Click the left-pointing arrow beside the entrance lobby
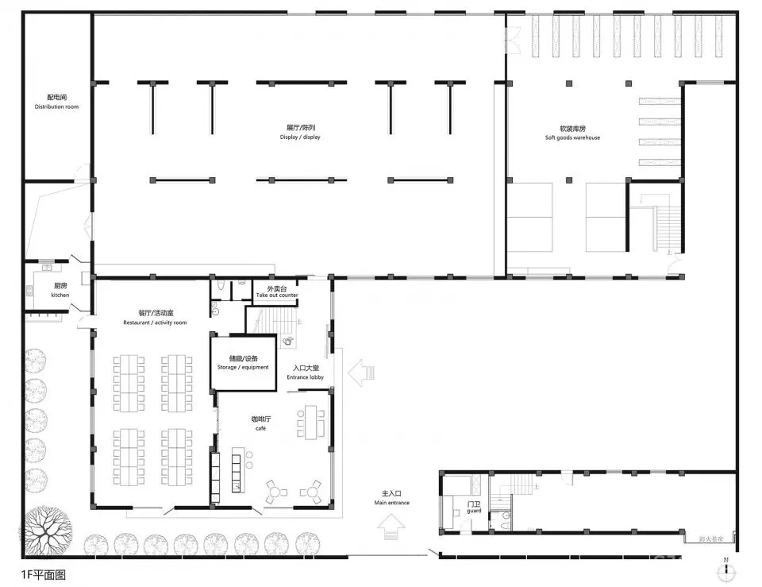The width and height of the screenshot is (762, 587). [360, 371]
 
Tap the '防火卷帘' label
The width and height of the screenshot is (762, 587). [710, 539]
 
